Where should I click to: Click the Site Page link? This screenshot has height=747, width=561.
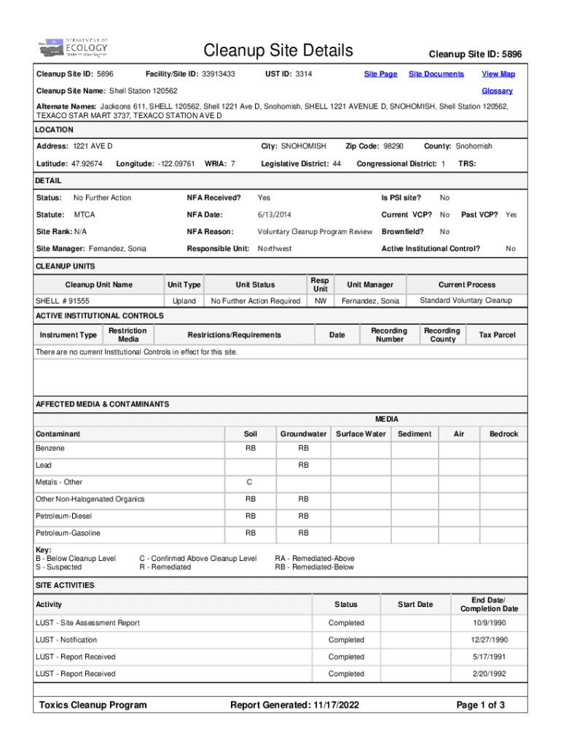tap(380, 74)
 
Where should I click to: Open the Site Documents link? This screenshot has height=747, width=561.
tap(436, 74)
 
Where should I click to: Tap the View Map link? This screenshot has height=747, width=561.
tap(498, 74)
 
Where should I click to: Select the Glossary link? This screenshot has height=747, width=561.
tap(497, 91)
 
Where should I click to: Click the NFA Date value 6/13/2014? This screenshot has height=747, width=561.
tap(274, 215)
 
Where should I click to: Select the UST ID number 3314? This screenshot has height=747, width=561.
tap(304, 74)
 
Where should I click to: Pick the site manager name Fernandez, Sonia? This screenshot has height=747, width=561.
tap(117, 249)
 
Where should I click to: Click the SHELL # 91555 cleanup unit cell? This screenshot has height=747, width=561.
tap(63, 301)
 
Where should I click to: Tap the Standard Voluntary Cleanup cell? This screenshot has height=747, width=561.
tap(466, 301)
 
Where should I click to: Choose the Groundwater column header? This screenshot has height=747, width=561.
tap(303, 434)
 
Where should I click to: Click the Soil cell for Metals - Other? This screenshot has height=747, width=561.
tap(250, 482)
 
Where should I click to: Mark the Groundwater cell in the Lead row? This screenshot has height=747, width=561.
tap(303, 465)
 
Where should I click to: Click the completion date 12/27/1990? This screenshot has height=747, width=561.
tap(488, 640)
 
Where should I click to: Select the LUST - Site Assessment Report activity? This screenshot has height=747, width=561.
tap(87, 623)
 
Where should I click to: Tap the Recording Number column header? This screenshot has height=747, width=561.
tap(389, 335)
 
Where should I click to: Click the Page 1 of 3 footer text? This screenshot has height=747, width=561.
tap(480, 705)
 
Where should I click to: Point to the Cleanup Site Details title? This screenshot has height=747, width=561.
tap(278, 51)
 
